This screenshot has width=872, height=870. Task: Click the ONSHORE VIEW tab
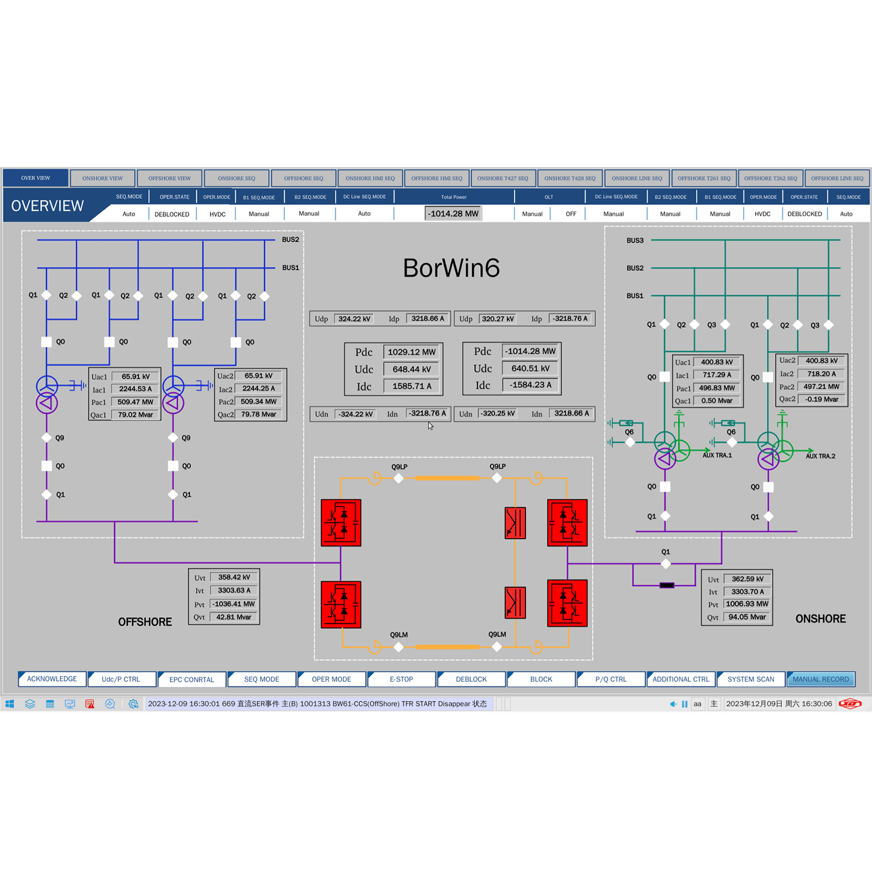tap(102, 178)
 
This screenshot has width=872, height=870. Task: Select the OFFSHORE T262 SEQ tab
tap(770, 178)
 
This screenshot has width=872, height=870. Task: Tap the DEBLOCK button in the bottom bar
tap(471, 679)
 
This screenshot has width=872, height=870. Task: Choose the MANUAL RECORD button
tap(820, 679)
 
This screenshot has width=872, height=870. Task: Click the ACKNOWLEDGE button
tap(52, 679)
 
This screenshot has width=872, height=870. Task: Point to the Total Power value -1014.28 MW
tap(453, 214)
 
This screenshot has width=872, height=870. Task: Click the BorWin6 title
tap(451, 268)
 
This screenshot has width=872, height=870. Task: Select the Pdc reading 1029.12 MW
tap(412, 352)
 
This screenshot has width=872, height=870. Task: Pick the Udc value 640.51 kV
tap(531, 368)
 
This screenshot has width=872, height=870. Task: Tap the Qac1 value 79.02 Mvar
tap(135, 415)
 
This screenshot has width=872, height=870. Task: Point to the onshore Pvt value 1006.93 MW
tap(747, 604)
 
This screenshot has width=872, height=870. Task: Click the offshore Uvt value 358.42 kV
tap(234, 578)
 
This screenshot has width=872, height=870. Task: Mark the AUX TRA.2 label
tap(820, 456)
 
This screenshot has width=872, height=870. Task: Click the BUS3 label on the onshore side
tap(635, 241)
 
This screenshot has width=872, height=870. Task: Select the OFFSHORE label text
tap(145, 622)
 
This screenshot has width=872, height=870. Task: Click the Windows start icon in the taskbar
tap(10, 704)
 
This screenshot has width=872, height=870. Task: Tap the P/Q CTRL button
tap(610, 679)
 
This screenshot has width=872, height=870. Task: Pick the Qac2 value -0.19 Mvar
tap(821, 399)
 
